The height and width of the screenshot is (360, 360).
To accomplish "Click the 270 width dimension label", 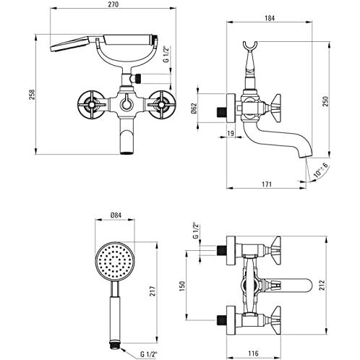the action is click(113, 4).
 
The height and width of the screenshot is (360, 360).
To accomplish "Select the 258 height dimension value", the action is click(32, 95).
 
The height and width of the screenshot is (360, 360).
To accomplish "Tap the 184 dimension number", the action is click(270, 18).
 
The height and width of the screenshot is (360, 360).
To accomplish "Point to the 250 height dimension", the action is click(325, 102).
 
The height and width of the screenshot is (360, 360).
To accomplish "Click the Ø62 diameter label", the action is click(194, 108).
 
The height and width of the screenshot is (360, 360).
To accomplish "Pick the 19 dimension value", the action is click(231, 133).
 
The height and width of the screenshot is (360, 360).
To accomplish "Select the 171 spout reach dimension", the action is click(267, 184).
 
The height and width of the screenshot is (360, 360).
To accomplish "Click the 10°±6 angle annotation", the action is click(321, 170).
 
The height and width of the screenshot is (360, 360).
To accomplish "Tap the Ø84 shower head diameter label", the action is click(116, 215).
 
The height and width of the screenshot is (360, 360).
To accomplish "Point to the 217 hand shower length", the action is click(153, 291).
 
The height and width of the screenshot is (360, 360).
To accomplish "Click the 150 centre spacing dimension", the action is click(182, 286).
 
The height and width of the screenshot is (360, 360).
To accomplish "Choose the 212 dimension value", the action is click(322, 285).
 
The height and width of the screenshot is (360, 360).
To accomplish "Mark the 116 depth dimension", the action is click(253, 353).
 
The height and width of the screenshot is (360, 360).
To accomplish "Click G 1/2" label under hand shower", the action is click(149, 354).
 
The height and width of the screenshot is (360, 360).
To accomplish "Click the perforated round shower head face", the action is click(115, 262).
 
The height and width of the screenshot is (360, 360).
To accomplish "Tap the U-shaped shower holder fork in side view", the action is click(250, 46).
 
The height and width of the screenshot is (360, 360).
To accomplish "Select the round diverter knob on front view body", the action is click(127, 104).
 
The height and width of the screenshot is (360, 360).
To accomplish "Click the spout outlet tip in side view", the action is click(306, 156).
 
